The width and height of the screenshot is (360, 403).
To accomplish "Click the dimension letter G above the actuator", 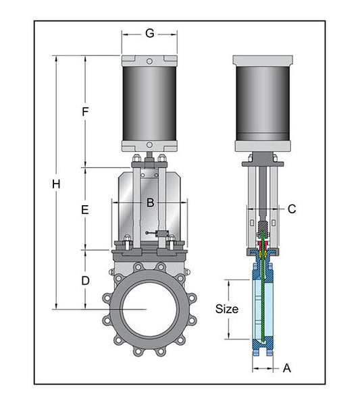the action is [x=150, y=34].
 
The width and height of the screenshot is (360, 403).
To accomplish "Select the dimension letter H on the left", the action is [x=56, y=184].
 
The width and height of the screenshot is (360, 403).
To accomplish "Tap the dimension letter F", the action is [x=85, y=112].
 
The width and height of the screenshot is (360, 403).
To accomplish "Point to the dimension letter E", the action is [x=85, y=210].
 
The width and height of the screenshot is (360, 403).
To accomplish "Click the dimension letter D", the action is [x=85, y=281].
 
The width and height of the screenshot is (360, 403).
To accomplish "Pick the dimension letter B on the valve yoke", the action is [x=151, y=203].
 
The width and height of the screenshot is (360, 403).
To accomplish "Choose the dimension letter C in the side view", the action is [x=292, y=209].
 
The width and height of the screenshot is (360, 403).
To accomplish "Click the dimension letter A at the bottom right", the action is [x=287, y=369].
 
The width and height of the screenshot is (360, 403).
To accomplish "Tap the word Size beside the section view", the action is [x=227, y=309].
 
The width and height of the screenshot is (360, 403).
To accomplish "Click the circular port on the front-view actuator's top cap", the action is [x=149, y=61].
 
